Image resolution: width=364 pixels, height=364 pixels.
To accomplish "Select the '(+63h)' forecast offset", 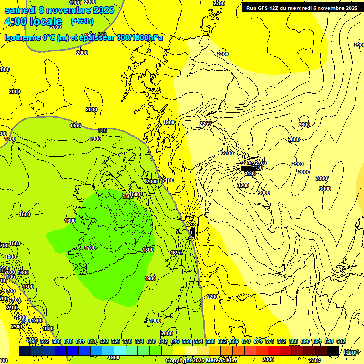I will point(82,21).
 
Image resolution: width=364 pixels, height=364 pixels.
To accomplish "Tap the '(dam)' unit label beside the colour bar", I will point(351,351).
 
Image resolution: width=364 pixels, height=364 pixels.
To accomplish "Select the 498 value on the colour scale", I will point(32,341).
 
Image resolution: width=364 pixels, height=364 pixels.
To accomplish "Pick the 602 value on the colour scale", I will point(340,341).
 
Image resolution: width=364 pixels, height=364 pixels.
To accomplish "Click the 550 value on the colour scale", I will point(186,341).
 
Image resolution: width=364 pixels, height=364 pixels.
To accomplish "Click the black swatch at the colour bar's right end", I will point(333,351).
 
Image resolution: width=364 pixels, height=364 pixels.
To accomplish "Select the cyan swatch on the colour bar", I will point(120,351).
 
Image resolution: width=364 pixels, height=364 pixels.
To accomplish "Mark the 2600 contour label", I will point(304,125).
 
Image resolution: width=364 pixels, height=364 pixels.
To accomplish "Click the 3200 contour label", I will point(243,185).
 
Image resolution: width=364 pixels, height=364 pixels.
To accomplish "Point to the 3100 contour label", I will point(250,174).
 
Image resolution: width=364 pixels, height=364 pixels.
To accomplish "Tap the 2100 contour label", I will point(168,181).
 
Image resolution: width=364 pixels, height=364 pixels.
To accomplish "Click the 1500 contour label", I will point(28,287).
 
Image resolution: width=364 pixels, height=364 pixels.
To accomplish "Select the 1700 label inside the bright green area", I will point(90,248).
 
